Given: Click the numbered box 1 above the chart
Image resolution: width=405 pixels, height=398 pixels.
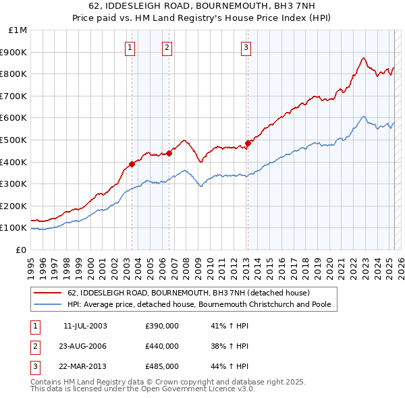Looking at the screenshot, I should point(129,47).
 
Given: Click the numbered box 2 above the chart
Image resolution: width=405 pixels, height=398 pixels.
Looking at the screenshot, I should point(167,47).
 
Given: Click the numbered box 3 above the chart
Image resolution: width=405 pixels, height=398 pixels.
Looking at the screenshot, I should point(246,47).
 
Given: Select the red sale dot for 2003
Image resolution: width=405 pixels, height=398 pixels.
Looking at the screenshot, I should point(132,164).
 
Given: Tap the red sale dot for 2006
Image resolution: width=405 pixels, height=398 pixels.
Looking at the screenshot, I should point(169,153).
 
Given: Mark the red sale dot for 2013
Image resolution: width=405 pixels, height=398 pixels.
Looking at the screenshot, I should point(248,143).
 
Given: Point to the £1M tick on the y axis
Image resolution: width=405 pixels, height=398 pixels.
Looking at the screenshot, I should point(18,30).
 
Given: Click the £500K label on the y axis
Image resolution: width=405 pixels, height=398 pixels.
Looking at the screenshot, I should point(15,140).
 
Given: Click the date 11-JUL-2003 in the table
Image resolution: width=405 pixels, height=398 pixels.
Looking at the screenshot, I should point(85,326).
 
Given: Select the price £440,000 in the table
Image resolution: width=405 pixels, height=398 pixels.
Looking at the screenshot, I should point(162,346).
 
